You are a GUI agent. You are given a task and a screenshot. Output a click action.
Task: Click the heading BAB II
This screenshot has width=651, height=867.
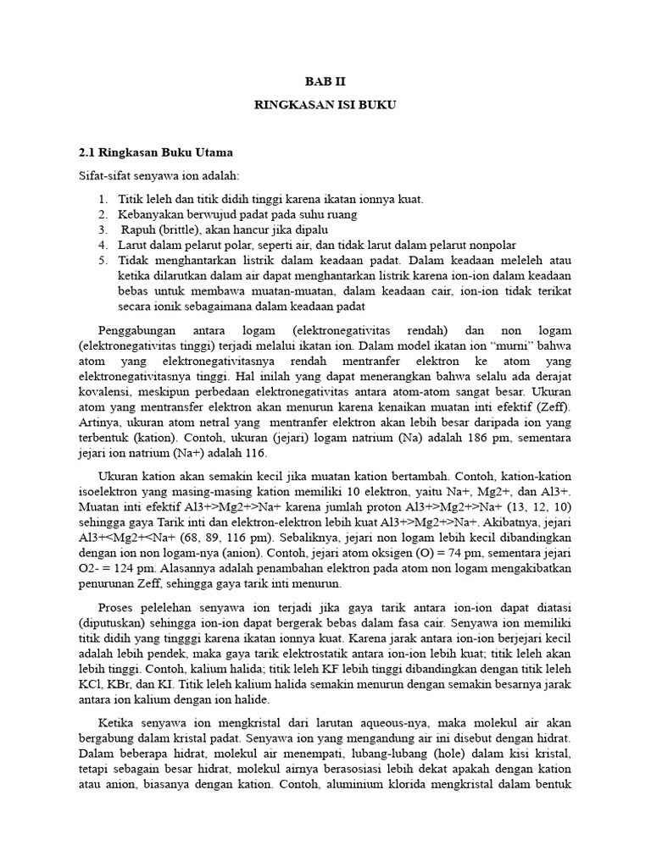pos(325,82)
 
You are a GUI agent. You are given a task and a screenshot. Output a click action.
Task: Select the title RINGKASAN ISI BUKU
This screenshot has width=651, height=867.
pos(325,106)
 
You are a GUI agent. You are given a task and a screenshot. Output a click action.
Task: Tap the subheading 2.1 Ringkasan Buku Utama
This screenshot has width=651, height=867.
pos(155,153)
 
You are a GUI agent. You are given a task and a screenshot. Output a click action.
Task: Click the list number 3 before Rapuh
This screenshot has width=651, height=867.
pos(102,229)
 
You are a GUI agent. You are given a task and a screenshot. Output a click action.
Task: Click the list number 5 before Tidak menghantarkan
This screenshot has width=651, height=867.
pos(102,260)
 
